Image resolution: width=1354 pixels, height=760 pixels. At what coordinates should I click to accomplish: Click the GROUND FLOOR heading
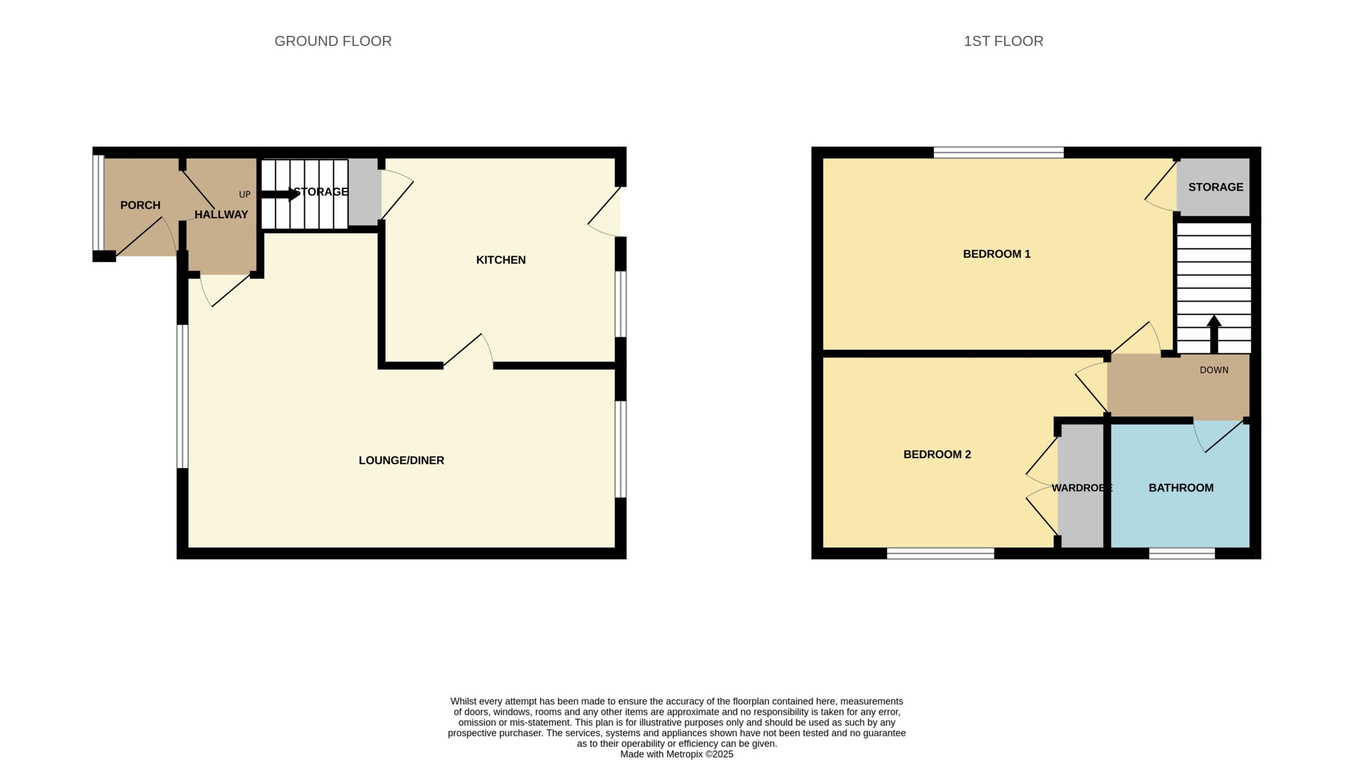point(333,41)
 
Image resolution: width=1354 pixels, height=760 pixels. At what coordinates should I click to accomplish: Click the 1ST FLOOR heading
point(1003,41)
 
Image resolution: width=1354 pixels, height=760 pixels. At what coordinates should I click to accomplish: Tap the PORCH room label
point(140,205)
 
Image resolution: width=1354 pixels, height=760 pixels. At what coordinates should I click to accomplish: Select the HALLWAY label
point(221,215)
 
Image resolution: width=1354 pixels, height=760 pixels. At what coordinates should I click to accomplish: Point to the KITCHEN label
point(501,260)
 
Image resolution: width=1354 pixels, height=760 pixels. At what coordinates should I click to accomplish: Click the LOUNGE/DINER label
point(401,461)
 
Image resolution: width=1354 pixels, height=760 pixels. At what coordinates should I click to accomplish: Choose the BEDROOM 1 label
point(996,254)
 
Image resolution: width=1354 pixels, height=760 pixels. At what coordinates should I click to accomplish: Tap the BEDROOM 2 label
point(937,455)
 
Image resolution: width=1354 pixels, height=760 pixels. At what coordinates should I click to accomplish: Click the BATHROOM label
point(1181,488)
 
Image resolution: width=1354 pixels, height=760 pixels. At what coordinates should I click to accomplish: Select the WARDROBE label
point(1082,488)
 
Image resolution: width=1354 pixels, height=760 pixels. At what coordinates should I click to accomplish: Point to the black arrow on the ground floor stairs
point(280,194)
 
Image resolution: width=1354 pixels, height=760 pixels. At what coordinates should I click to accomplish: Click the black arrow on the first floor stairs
point(1214,334)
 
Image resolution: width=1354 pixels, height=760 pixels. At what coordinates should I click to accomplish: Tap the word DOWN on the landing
point(1214,370)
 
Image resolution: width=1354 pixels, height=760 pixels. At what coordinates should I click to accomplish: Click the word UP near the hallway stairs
point(244,195)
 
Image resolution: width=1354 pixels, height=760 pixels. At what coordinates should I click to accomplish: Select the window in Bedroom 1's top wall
point(999,153)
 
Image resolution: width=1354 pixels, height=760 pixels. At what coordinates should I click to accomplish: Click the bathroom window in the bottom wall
point(1182,553)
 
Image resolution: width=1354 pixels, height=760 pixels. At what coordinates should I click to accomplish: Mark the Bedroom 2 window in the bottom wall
point(940,553)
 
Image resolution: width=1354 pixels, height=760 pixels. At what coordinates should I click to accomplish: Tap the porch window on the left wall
point(98,203)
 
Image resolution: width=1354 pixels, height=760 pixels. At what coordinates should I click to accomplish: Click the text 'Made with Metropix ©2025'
point(676,754)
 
